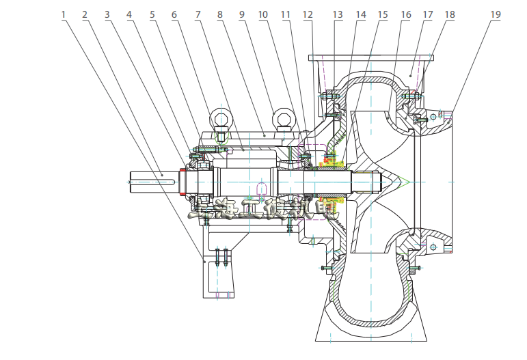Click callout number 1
64,14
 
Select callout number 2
85,14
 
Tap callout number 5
152,14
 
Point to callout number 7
198,14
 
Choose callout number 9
241,14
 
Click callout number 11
286,14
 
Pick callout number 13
337,14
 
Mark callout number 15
383,14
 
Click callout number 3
108,14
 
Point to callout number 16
405,14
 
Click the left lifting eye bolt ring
221,119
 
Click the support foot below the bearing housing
219,273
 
